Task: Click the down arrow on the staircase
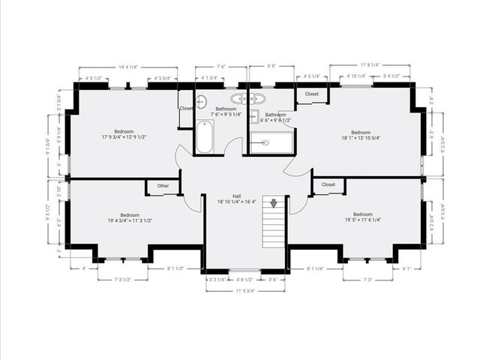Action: (x=274, y=203)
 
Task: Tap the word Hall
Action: (x=235, y=196)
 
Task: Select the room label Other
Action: (x=163, y=186)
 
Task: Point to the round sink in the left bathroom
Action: (x=201, y=101)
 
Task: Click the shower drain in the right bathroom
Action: (x=265, y=142)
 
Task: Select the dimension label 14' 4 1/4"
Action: (x=126, y=67)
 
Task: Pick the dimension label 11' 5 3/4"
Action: (x=245, y=290)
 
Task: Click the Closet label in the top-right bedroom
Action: (x=312, y=94)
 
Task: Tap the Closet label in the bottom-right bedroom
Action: (x=328, y=184)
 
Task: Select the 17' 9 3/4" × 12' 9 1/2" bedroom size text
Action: (x=124, y=137)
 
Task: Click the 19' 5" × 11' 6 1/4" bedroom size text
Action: (x=362, y=220)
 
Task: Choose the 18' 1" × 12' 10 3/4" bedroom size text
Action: (x=361, y=138)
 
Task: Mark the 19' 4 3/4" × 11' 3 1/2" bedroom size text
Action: (x=130, y=220)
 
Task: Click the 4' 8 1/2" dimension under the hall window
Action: (x=244, y=279)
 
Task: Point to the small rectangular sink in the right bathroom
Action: (x=254, y=116)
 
